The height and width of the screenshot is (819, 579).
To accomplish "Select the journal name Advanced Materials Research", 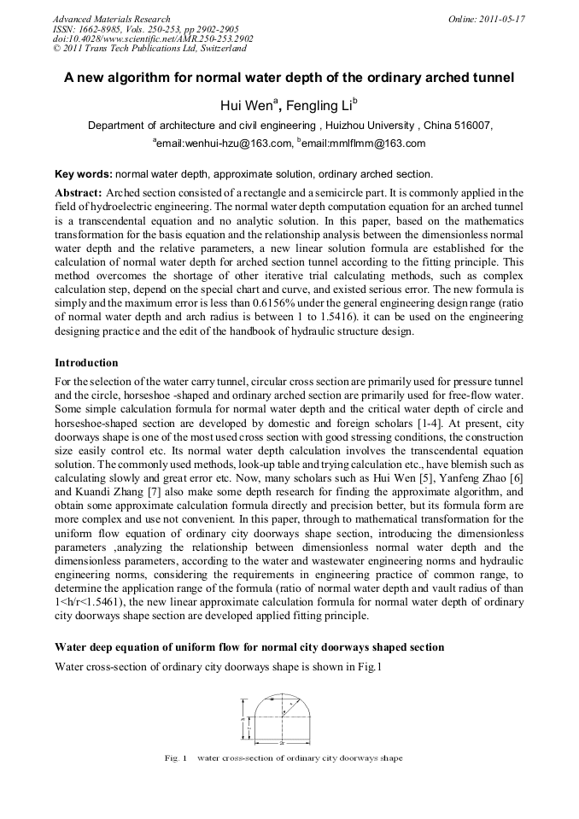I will (111, 19).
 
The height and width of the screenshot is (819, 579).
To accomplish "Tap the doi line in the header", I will (153, 39).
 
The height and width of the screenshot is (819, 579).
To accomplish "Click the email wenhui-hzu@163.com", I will (225, 143).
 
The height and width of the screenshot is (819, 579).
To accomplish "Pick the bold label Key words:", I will (83, 174).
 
